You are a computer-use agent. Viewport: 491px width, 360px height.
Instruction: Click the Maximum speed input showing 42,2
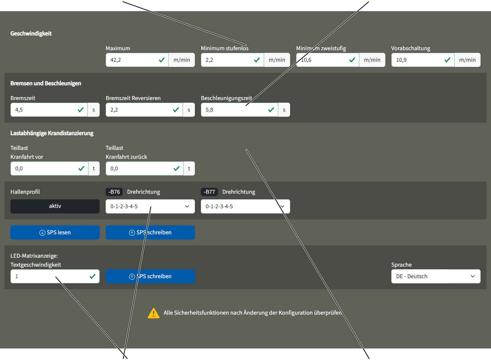click(x=137, y=60)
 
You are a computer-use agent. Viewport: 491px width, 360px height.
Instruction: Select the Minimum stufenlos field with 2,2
click(x=232, y=60)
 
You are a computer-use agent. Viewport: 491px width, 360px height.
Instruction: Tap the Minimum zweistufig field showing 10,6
click(x=327, y=60)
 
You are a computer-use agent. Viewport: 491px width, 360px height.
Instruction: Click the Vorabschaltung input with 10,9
click(x=423, y=60)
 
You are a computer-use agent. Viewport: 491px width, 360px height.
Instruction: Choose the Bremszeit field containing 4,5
click(x=49, y=110)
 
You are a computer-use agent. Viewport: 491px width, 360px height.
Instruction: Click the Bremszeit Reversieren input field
click(x=144, y=110)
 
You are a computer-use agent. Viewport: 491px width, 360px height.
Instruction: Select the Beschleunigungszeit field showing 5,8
click(x=240, y=110)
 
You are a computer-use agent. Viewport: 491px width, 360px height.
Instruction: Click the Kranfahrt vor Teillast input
click(x=49, y=168)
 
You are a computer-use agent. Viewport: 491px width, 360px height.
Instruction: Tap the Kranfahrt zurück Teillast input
click(x=145, y=168)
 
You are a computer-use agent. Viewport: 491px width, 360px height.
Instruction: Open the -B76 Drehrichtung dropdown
click(x=150, y=206)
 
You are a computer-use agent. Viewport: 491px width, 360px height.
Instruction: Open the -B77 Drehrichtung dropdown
click(x=245, y=206)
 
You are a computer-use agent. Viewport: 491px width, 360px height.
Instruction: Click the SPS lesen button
click(x=55, y=232)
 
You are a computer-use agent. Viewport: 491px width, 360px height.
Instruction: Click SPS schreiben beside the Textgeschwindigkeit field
click(x=150, y=276)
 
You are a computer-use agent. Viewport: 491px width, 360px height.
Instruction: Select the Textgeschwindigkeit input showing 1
click(x=55, y=276)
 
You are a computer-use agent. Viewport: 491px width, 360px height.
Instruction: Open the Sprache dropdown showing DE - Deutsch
click(x=436, y=276)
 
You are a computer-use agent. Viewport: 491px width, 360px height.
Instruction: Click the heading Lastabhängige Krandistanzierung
click(x=52, y=133)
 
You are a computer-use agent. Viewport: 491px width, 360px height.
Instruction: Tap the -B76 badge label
click(x=114, y=192)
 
